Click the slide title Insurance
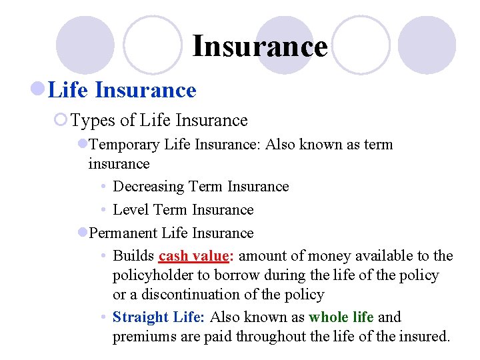pos(260,47)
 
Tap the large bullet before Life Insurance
pos(39,90)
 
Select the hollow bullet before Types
pos(61,120)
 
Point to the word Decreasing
pos(149,187)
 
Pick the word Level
pos(131,210)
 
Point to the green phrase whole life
pos(341,317)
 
